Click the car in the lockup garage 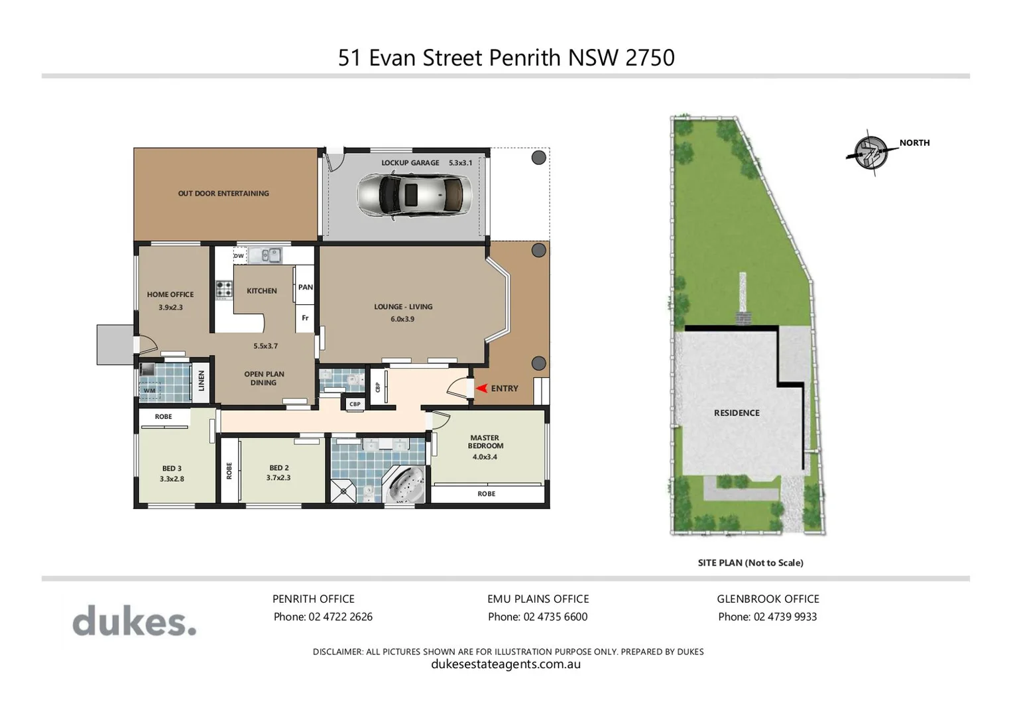(x=414, y=195)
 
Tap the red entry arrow (x=483, y=388)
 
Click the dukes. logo (x=135, y=621)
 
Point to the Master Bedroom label (x=485, y=442)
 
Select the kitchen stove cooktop (x=224, y=289)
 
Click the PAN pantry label (x=305, y=287)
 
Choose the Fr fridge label (x=305, y=318)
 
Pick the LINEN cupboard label (x=202, y=381)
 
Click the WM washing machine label (x=149, y=390)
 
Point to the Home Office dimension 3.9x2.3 (x=170, y=308)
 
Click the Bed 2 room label (x=279, y=468)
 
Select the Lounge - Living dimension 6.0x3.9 (x=402, y=319)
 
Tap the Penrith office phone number (x=323, y=617)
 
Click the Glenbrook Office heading (x=768, y=599)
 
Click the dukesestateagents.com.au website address (x=506, y=664)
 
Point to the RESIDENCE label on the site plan (x=737, y=413)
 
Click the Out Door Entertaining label (x=223, y=194)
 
